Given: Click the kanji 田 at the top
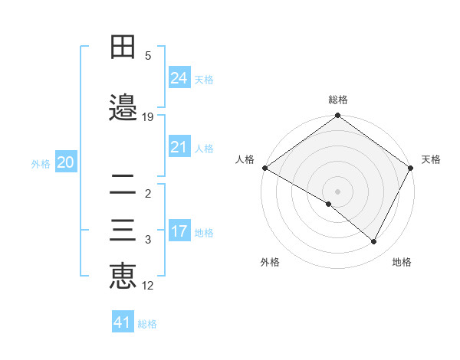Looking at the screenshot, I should coord(123,47).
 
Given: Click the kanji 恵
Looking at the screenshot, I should coord(123,276).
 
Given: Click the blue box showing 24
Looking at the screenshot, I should coord(179,78).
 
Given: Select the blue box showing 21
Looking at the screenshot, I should coord(179,147).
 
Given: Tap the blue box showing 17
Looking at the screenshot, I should coord(179,231).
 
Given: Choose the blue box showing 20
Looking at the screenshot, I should coord(66,162).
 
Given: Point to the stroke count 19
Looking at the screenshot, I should coord(148,116).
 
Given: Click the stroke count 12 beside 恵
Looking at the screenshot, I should coord(148,286).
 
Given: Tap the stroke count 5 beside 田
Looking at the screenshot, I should coord(148,55).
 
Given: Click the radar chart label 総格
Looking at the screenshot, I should coord(338,100).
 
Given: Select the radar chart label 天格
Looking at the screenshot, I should coord(431,159).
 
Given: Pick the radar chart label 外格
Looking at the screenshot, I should coord(270,262).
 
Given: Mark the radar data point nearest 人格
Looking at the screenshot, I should coord(264,168).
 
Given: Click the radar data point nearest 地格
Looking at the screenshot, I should coord(374,242).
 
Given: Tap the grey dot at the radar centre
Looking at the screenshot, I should coord(337,191).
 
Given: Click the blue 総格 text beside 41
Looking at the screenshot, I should coord(147,324).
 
